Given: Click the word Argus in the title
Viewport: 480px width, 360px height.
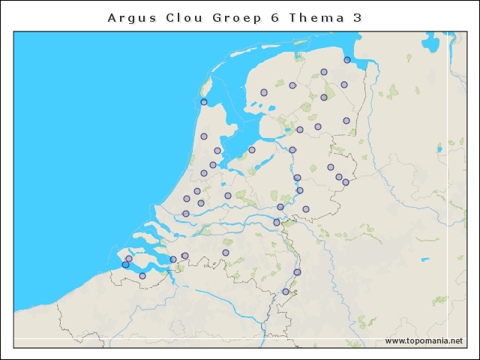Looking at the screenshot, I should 132,17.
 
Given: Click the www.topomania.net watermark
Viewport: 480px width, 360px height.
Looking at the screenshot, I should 424,340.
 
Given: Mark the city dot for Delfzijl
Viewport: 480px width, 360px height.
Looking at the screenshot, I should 347,60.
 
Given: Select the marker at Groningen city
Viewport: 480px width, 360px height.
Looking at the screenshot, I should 324,72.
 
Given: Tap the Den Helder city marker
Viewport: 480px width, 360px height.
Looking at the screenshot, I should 204,102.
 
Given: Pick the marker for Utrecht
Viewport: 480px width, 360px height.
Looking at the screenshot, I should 228,196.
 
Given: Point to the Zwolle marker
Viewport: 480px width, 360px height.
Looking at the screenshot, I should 292,150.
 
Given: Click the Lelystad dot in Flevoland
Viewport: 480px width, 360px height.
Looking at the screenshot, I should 252,150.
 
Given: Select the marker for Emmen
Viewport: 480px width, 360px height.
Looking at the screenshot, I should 346,121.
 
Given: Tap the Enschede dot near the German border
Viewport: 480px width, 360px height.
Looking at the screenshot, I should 346,182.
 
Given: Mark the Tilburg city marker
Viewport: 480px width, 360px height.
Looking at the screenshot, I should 226,253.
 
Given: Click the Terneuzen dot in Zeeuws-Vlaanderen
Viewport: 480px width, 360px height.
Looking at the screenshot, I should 142,276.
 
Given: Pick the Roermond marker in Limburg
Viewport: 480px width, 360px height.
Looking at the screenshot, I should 297,272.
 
